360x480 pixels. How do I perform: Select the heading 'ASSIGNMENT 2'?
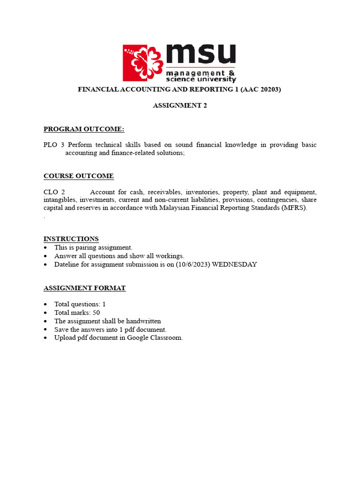pos(180,105)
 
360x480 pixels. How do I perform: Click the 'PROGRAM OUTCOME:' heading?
pos(84,129)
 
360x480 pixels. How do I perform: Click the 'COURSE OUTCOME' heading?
pos(78,176)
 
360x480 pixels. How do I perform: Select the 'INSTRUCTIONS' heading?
pos(71,239)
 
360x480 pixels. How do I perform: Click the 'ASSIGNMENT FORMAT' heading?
pos(84,288)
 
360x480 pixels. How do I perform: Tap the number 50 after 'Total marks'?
pos(96,313)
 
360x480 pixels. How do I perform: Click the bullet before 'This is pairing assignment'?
pos(45,248)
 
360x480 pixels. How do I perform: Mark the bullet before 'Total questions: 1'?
pos(45,305)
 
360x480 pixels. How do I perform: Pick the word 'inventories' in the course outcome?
pos(202,192)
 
